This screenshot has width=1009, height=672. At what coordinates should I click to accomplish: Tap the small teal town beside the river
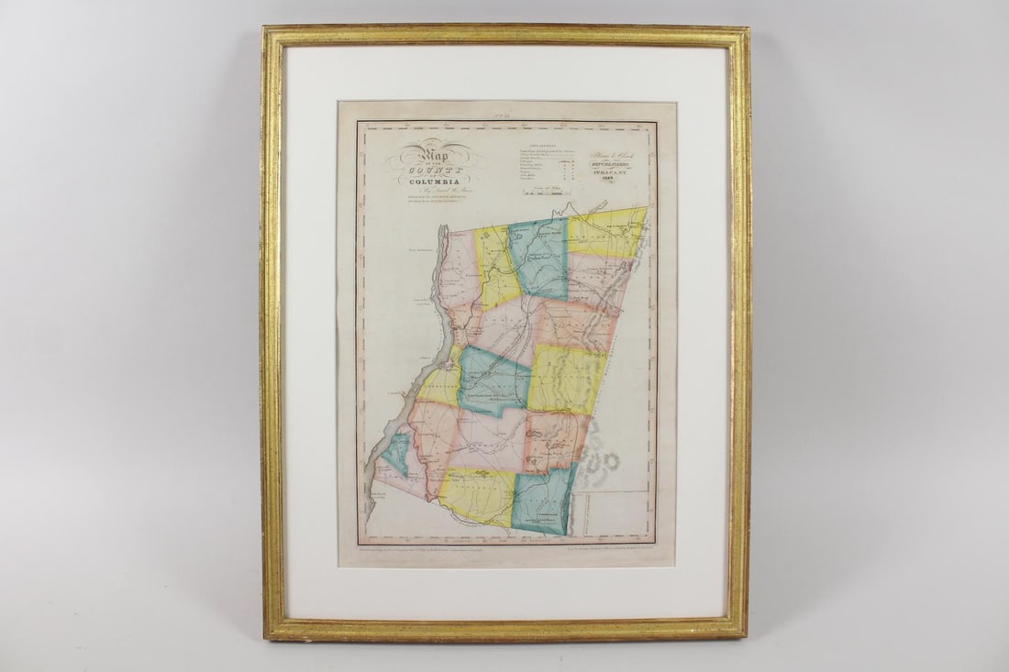pos(396,455)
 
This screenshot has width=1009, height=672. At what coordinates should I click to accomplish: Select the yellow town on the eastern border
pos(564,378)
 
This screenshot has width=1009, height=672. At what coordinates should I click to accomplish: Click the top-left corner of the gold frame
pos(266,30)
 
